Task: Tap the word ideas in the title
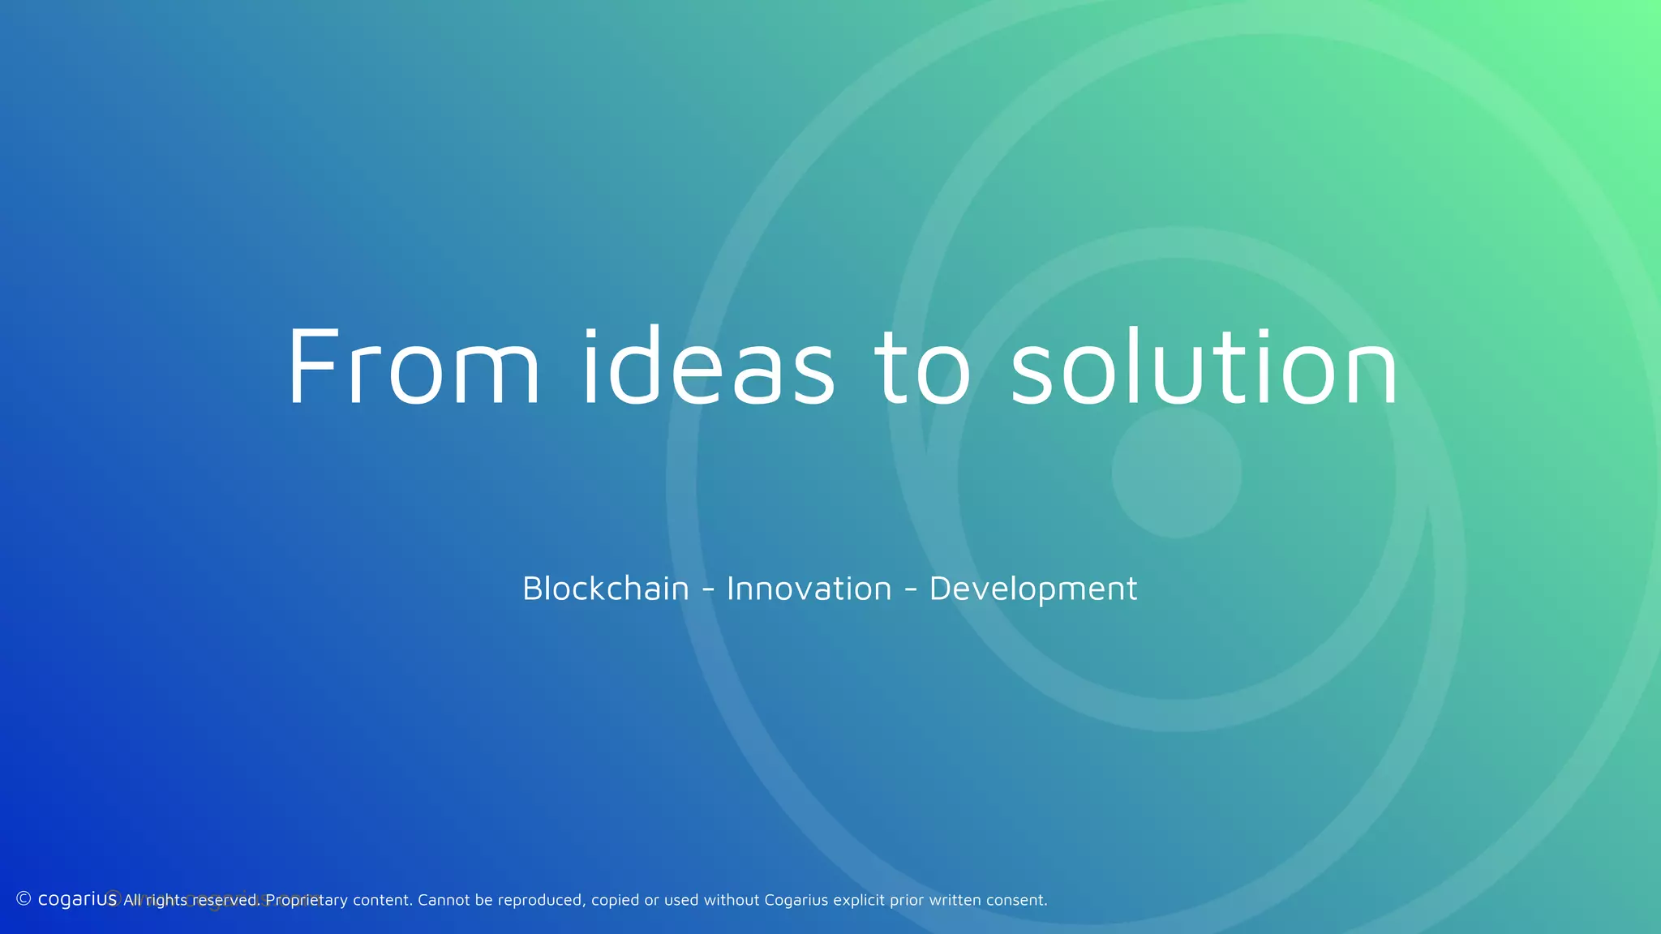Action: pos(708,367)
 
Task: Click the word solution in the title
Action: pos(1204,367)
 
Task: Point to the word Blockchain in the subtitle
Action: pos(606,589)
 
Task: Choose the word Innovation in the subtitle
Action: pos(809,589)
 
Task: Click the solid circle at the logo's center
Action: pos(1176,473)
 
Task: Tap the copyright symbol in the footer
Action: pos(24,898)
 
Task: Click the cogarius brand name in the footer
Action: pos(77,899)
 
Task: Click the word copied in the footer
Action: pos(615,901)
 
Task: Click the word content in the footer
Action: pos(381,900)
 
